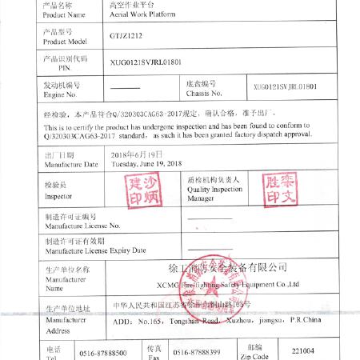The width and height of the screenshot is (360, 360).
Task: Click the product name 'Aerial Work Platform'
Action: click(145, 14)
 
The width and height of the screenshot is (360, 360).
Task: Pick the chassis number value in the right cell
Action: click(285, 86)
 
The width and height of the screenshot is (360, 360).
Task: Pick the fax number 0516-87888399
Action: click(197, 353)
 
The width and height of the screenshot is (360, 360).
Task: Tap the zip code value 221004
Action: click(303, 350)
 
